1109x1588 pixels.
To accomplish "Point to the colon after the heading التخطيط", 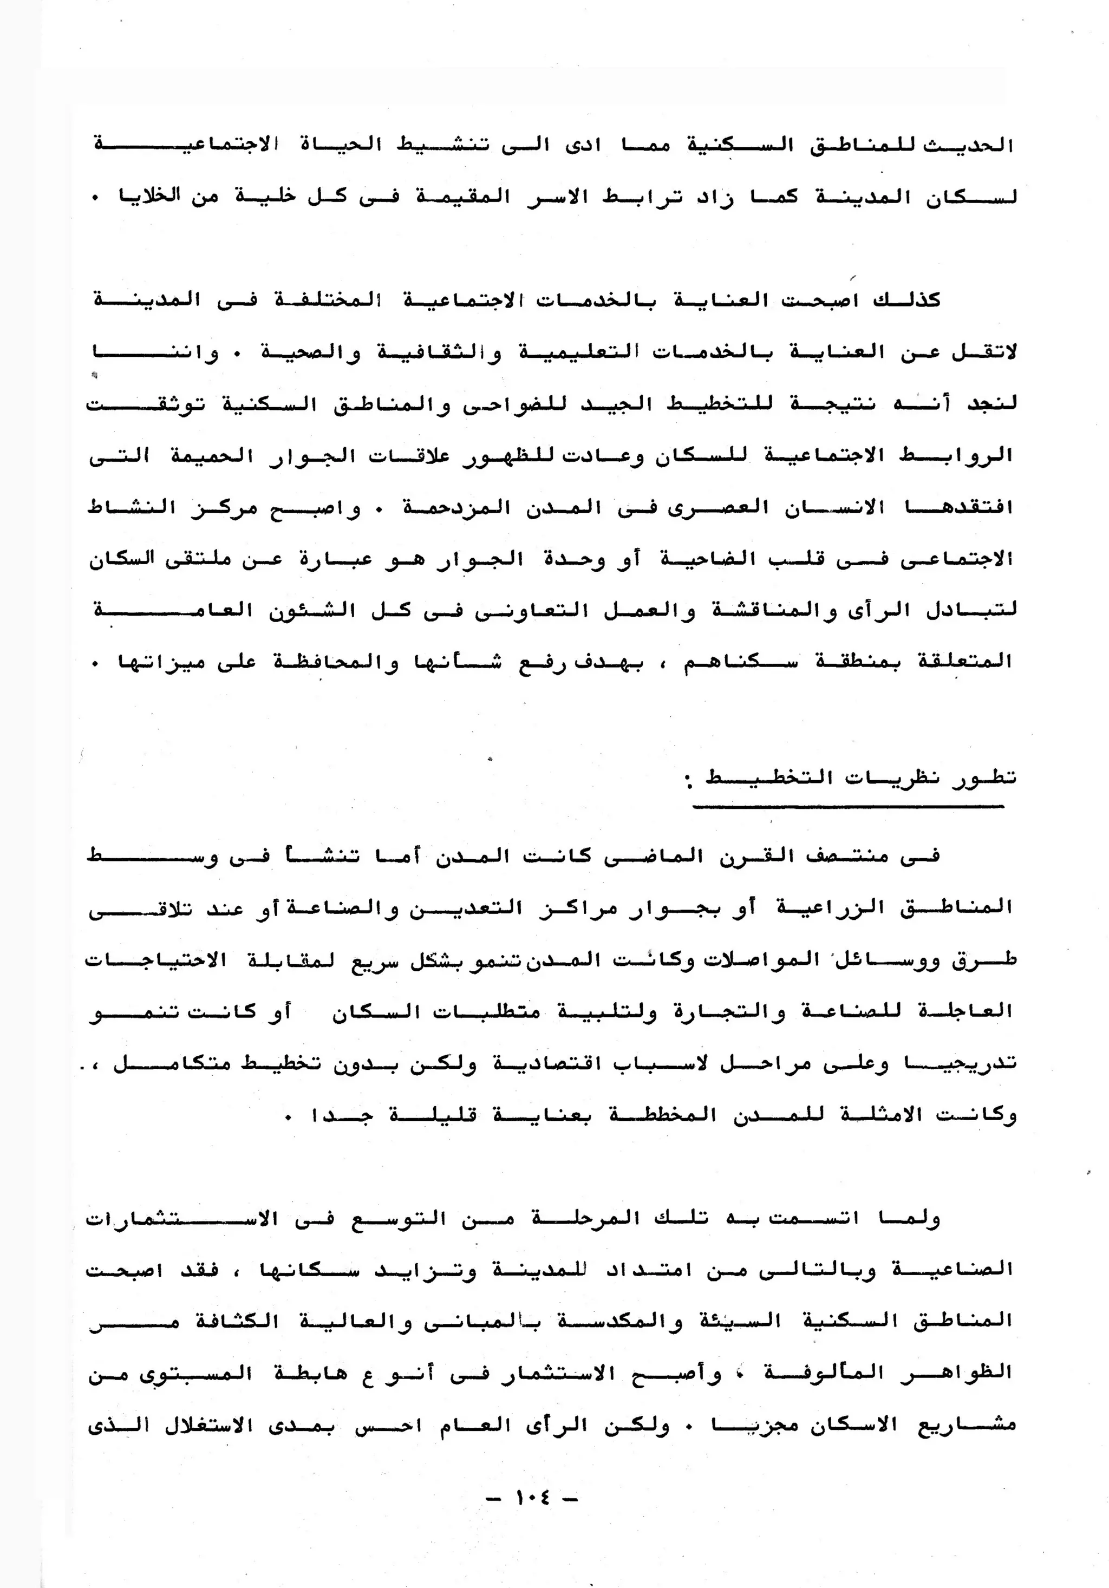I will click(x=688, y=782).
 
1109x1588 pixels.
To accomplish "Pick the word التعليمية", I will click(x=568, y=352).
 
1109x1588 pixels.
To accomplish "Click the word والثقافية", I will click(x=439, y=352).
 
